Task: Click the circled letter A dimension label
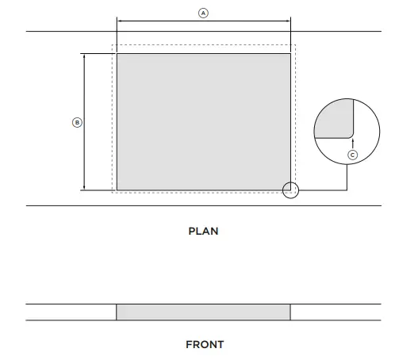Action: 203,13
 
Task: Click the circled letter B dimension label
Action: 77,122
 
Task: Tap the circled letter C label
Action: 353,155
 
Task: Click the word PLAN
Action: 203,232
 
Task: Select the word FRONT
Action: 205,345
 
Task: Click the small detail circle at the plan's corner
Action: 291,190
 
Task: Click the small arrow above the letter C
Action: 353,141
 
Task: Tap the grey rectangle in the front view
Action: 204,312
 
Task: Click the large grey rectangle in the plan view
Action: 204,122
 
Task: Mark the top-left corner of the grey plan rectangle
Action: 117,54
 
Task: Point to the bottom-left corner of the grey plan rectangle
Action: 117,190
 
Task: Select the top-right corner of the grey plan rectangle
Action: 290,54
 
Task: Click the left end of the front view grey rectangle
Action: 118,312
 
